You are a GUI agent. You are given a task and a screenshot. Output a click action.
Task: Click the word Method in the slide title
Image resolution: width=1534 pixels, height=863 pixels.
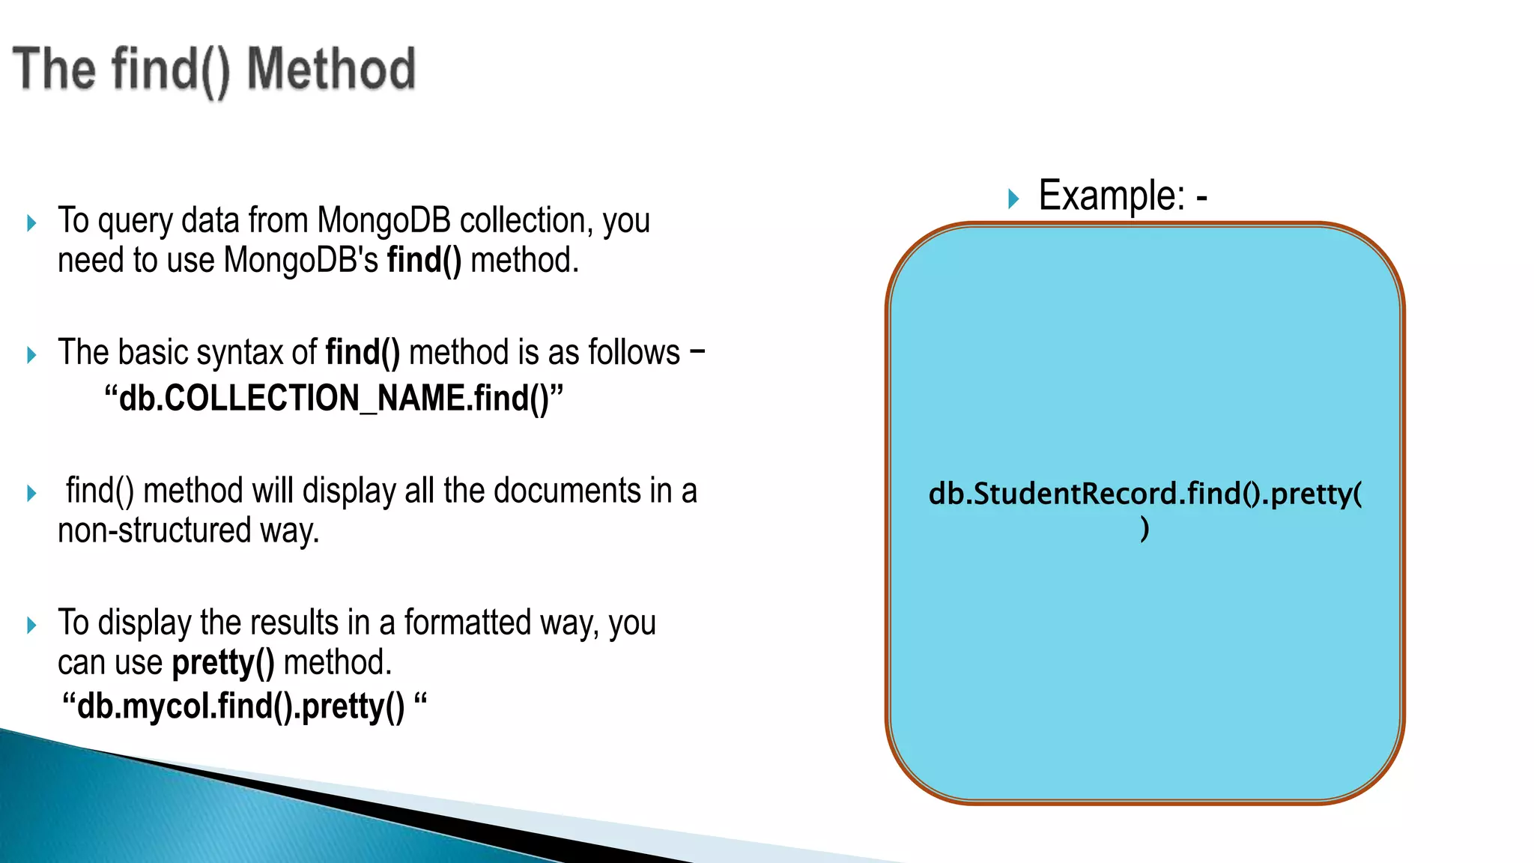330,69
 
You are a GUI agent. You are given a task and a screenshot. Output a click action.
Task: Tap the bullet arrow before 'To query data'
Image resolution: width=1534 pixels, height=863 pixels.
31,223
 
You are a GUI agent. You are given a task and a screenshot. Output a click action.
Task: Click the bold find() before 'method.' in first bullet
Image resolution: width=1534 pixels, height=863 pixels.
424,261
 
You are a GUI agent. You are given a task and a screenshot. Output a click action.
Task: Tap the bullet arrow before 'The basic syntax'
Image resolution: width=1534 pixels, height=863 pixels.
31,355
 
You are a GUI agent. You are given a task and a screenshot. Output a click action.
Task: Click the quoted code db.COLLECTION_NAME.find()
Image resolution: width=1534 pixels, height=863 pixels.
333,398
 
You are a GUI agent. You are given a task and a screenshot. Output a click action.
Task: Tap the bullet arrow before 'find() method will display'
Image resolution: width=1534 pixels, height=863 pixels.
31,494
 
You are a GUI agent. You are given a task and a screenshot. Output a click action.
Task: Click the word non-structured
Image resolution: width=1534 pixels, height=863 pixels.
154,531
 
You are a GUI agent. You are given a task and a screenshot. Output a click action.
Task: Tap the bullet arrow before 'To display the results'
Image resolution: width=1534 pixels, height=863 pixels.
31,626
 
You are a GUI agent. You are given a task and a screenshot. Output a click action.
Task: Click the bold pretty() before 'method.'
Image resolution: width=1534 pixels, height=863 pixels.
223,663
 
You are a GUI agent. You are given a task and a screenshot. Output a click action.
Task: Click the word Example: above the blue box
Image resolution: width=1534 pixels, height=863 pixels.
1112,196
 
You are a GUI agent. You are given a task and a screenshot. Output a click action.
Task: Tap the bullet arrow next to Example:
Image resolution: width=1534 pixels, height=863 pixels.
1013,199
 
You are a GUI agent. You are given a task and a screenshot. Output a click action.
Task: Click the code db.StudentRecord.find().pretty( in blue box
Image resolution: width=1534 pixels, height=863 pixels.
1145,494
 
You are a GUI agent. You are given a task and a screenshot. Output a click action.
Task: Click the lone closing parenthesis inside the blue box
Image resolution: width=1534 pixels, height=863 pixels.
1145,529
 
